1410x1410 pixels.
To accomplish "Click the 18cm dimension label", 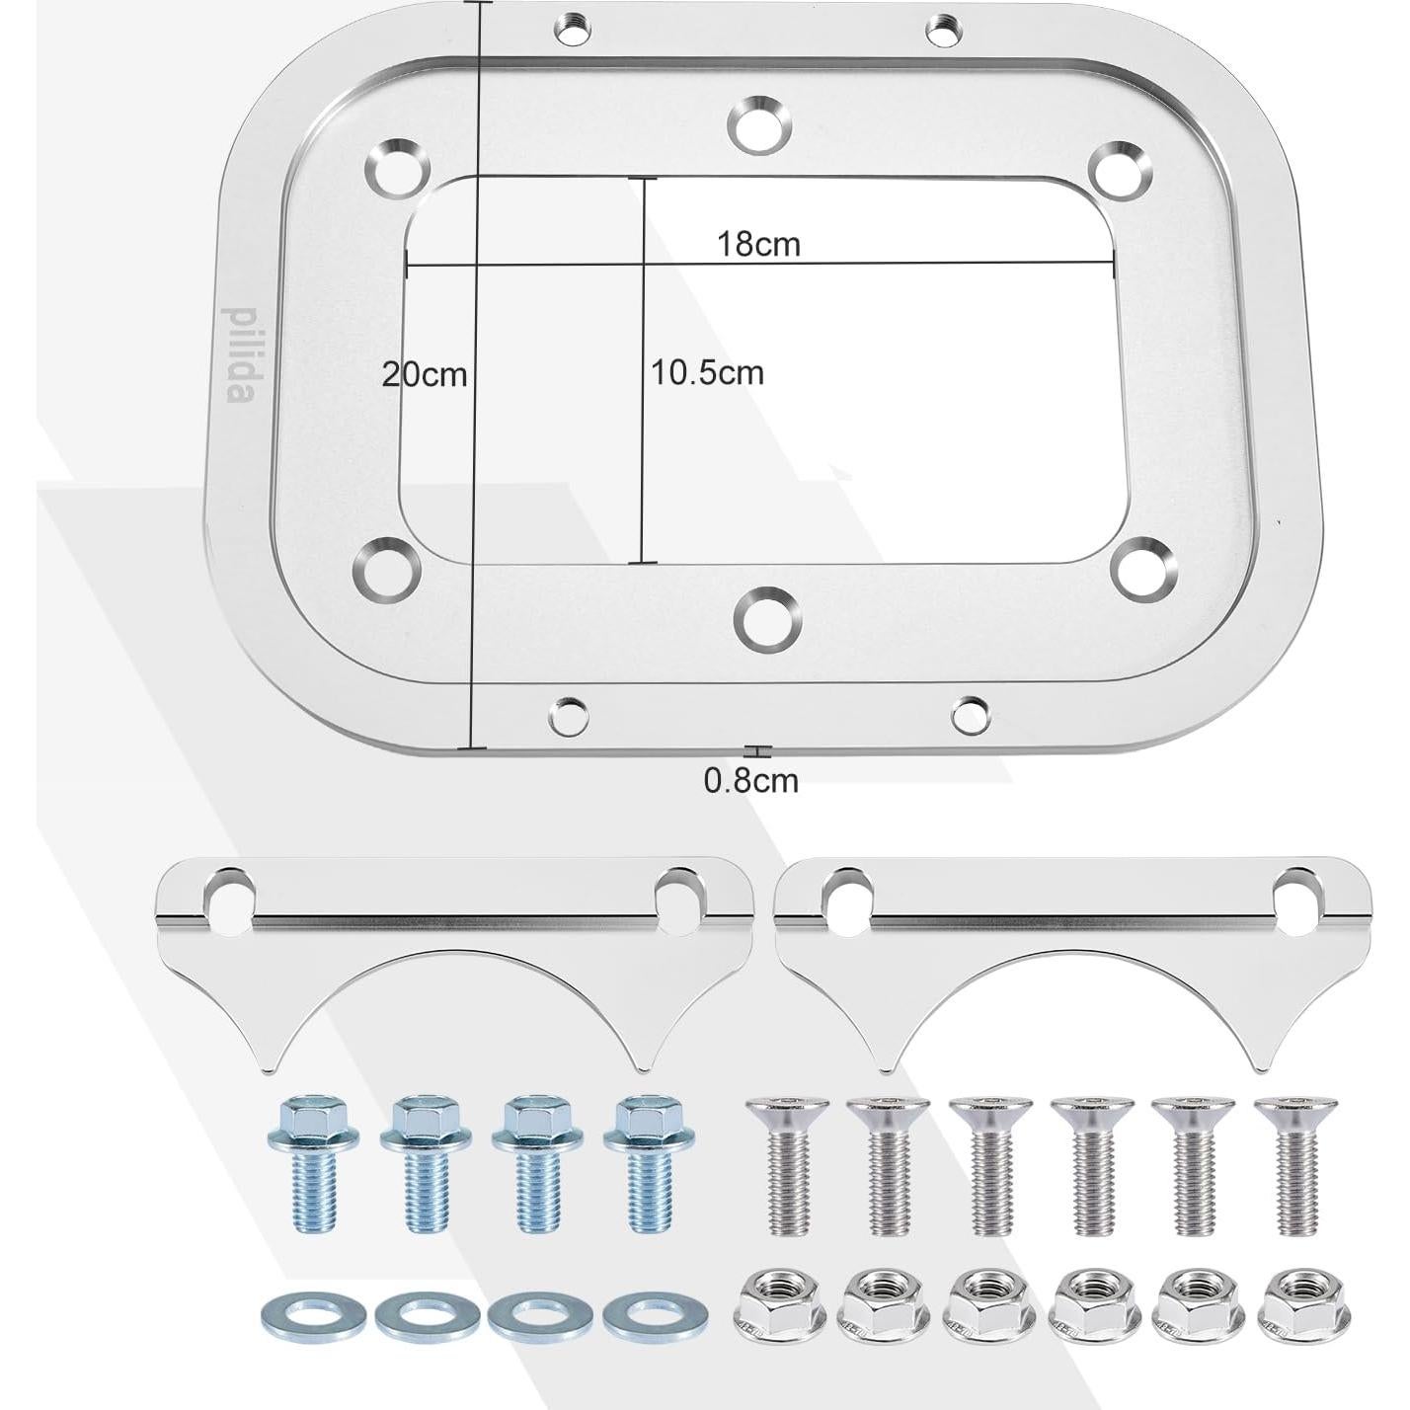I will (x=757, y=244).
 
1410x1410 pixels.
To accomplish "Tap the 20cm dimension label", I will (x=425, y=374).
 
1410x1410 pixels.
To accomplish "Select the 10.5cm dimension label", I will (x=707, y=372).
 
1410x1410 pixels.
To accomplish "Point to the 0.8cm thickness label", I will (x=750, y=781).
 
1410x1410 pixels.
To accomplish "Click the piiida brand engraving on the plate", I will (x=239, y=352).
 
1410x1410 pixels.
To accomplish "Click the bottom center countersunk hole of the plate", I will (x=767, y=619).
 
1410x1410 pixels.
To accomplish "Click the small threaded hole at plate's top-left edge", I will (x=570, y=31).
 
